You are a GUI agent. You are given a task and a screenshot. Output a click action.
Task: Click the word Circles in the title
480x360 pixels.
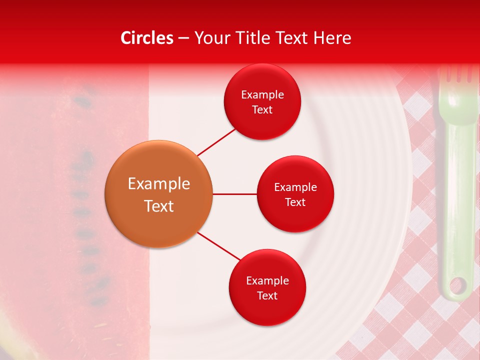coord(147,38)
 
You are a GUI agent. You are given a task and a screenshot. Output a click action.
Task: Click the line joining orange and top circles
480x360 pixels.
coord(216,142)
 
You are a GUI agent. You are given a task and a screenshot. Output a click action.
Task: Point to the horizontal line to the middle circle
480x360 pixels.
coord(235,194)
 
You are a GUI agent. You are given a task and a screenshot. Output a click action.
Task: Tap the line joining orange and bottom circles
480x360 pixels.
coord(219,245)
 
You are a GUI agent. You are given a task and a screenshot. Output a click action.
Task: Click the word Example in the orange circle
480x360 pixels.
coord(158,184)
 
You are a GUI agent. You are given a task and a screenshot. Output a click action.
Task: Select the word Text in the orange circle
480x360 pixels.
coord(158,206)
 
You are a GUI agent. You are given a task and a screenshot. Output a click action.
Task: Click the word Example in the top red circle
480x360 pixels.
coord(262,95)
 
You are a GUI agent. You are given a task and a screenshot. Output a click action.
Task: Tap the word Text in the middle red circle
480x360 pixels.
coord(295,202)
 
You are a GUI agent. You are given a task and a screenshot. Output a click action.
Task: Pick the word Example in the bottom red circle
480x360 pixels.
coord(267,281)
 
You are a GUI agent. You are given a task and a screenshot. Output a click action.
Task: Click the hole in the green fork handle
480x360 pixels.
coord(457,286)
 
